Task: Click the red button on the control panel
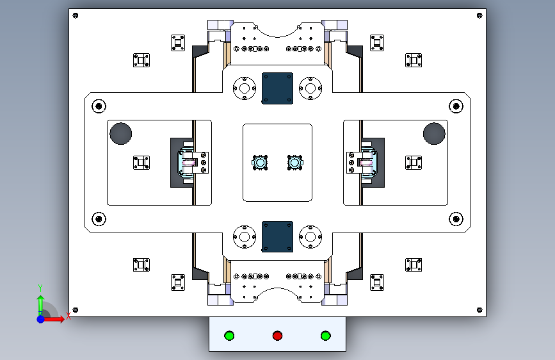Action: (x=277, y=336)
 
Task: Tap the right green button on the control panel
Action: (x=325, y=336)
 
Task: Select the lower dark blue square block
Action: (x=277, y=236)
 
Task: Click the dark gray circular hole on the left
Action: (x=120, y=133)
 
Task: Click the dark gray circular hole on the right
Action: (x=434, y=133)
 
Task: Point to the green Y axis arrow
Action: (x=40, y=299)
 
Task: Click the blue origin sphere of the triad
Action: (x=40, y=318)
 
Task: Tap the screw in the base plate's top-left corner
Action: (x=76, y=15)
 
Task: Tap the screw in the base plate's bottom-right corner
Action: (x=479, y=310)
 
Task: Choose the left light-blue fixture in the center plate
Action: (x=261, y=164)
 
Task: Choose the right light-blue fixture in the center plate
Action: (x=294, y=164)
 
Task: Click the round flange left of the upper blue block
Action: (x=243, y=88)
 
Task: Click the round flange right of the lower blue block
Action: (x=311, y=236)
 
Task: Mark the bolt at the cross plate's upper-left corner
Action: (x=99, y=106)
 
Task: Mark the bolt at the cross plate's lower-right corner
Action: (x=456, y=219)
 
